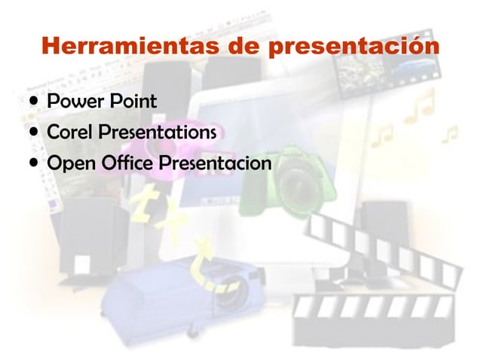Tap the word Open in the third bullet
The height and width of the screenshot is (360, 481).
[x=69, y=163]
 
